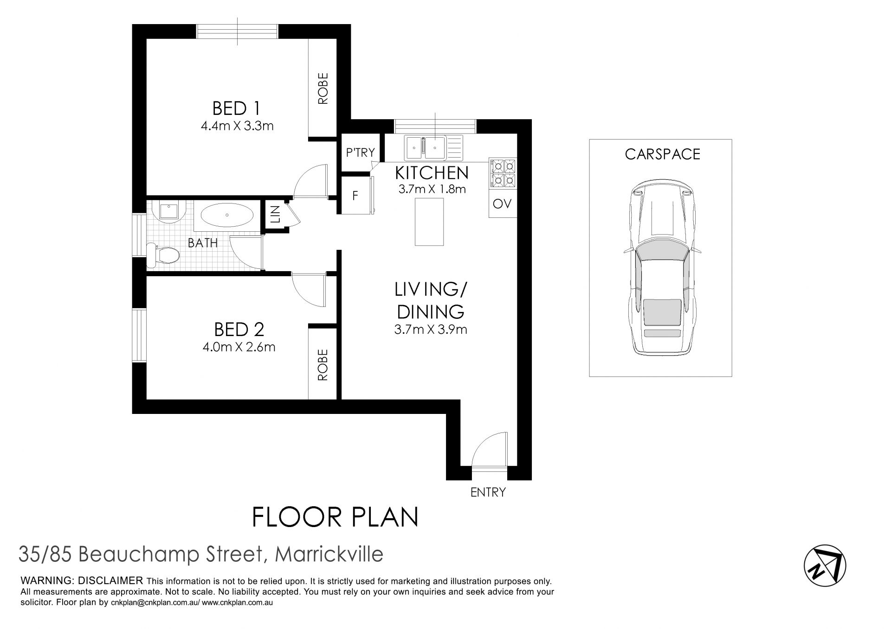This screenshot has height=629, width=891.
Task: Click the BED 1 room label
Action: (236, 108)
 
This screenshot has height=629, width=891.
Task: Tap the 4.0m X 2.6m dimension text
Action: (239, 347)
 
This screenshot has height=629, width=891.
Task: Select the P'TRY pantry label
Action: (361, 152)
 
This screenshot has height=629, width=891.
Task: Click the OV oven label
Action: (502, 203)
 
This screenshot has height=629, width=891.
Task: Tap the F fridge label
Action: (355, 196)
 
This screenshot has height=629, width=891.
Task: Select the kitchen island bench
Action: (429, 221)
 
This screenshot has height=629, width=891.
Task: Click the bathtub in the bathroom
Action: (227, 216)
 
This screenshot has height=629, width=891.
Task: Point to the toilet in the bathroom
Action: (163, 255)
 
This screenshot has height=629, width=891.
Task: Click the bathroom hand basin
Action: (168, 211)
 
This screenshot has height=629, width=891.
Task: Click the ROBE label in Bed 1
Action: (323, 88)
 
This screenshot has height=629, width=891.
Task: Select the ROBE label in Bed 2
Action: (323, 365)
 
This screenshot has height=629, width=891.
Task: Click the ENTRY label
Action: (488, 492)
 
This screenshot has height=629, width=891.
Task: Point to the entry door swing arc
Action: (483, 442)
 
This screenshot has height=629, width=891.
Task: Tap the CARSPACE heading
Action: (662, 154)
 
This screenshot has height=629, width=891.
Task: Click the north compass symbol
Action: (825, 565)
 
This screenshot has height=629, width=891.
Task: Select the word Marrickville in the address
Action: (329, 554)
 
